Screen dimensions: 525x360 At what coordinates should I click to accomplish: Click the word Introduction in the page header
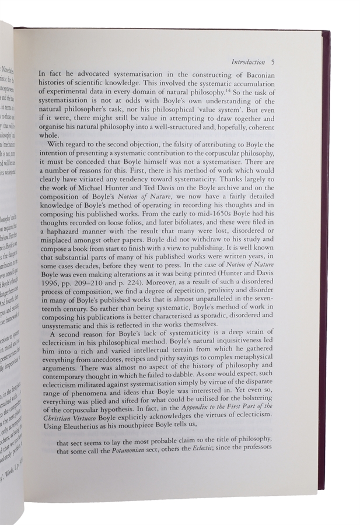pyautogui.click(x=249, y=61)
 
